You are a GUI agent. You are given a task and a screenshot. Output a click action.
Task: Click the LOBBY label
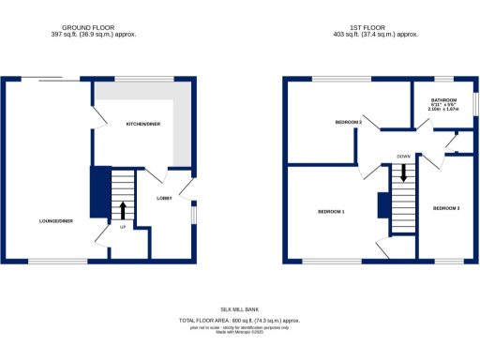click(163, 198)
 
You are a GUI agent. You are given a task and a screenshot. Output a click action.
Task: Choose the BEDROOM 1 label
click(331, 212)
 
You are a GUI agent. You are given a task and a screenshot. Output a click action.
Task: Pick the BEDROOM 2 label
click(348, 123)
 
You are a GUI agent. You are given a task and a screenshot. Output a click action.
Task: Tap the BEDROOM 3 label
click(445, 207)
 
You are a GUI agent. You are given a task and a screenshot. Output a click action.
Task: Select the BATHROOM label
click(443, 99)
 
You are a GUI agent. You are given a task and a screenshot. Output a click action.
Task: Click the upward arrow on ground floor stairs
click(122, 209)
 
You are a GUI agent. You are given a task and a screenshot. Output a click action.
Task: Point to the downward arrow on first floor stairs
click(404, 173)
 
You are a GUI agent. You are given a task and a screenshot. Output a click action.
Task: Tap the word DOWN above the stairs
click(403, 157)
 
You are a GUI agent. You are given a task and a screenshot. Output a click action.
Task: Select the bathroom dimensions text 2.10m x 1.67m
click(443, 110)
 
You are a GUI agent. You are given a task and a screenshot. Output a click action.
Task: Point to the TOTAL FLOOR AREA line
click(239, 321)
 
